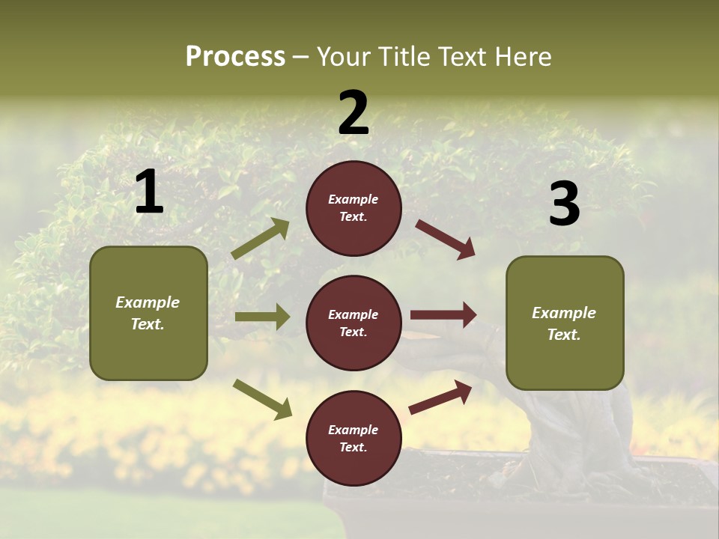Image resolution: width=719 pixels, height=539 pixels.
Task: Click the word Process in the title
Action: tap(235, 57)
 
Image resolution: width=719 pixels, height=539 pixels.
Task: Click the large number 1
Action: tap(149, 192)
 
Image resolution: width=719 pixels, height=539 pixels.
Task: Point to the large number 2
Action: tap(354, 113)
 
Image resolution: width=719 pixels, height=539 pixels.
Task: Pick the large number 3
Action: tap(564, 204)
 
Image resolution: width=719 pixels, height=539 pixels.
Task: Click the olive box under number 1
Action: tap(148, 313)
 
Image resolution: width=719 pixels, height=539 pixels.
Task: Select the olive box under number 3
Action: tap(565, 323)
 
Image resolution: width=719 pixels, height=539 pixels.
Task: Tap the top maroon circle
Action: tap(354, 208)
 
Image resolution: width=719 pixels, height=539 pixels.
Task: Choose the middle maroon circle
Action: tap(354, 323)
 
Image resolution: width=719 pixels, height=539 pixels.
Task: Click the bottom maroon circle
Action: tap(354, 439)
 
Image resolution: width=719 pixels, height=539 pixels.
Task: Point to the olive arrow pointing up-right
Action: tap(261, 239)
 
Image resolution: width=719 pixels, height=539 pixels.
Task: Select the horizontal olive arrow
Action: tap(262, 317)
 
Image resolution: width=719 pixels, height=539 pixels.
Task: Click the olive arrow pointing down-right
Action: tap(262, 398)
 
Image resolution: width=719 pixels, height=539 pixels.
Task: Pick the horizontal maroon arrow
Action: tap(443, 315)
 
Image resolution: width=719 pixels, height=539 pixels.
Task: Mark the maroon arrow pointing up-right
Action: tap(440, 398)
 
